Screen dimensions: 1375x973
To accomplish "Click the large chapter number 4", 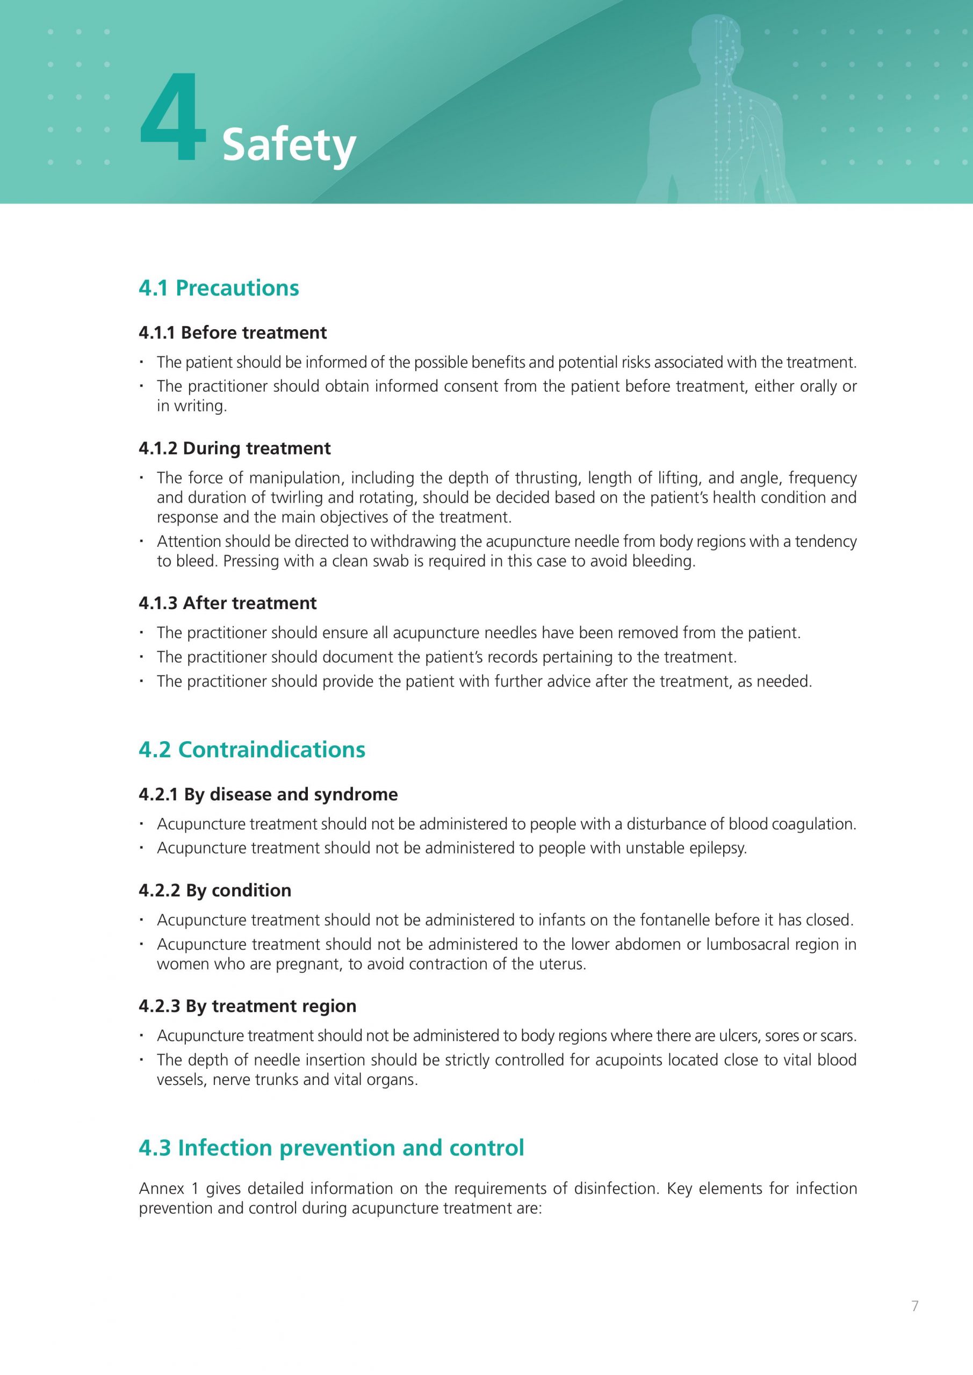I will click(x=173, y=118).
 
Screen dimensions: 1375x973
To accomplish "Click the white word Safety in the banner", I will click(x=289, y=145).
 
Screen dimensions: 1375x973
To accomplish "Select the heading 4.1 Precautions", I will click(x=219, y=288).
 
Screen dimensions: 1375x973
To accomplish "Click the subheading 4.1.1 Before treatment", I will click(x=233, y=332).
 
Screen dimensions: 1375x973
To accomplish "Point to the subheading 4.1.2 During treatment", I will click(x=234, y=448).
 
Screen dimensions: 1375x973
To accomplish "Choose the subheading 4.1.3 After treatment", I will click(x=227, y=603).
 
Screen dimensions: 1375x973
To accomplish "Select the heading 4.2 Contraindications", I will click(x=251, y=749).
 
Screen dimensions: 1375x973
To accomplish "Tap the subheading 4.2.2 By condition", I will click(x=214, y=890).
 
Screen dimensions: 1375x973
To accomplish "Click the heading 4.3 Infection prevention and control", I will click(x=331, y=1148).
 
